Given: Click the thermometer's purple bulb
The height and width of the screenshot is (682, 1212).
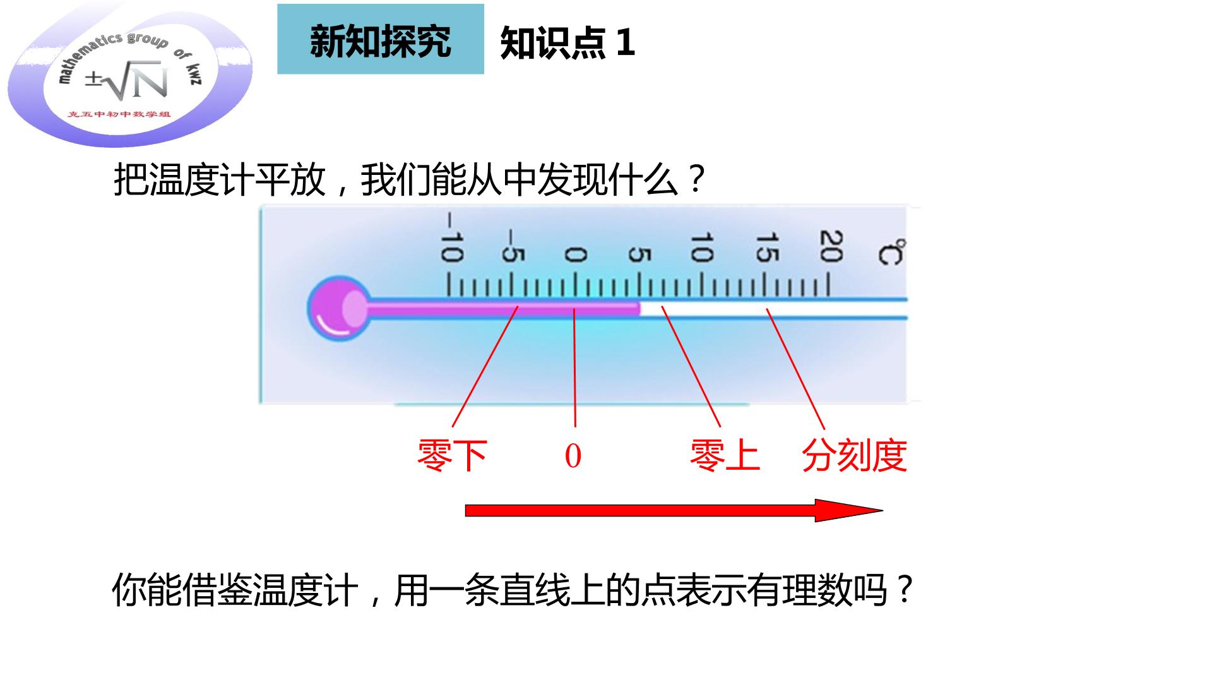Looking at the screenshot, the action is pos(339,309).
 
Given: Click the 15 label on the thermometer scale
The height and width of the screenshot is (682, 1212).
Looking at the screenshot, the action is pos(766,247).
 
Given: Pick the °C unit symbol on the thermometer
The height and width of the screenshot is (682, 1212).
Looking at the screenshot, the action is pos(891,252).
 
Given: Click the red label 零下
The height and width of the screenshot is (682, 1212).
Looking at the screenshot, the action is pos(452,455).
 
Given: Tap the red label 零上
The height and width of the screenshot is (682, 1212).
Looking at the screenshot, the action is pos(725,455).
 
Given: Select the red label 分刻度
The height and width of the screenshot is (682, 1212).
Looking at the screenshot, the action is pos(855,455).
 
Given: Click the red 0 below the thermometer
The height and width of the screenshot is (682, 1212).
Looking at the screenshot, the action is pos(573,456).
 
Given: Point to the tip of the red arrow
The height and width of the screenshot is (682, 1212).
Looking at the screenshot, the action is pos(882,510).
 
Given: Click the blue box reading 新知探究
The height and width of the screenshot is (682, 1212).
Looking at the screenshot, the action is pos(381,39).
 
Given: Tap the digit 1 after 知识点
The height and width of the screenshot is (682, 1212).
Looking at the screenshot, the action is pos(625,43).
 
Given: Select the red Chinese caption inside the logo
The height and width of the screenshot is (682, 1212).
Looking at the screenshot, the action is pos(120,114).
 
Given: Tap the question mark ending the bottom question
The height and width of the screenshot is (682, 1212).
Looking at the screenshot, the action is pos(905,590).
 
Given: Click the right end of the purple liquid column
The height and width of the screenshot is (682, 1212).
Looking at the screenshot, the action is pos(639,308).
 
